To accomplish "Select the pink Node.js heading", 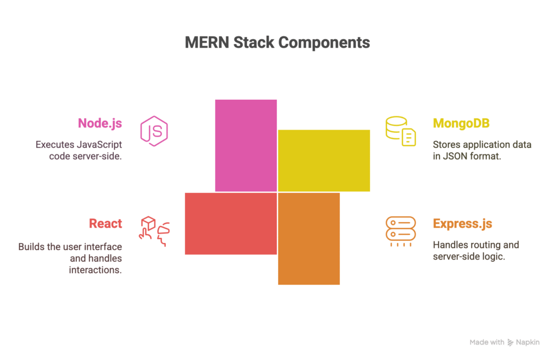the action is (100, 123).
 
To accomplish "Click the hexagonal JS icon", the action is (154, 131).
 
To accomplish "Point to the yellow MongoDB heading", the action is (461, 123).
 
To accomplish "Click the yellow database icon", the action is (401, 131).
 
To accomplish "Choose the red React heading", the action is (106, 223).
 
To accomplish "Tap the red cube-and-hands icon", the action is (154, 231).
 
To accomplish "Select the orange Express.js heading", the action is (462, 224).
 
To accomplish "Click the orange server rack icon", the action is (401, 232).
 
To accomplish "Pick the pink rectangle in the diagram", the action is (246, 145).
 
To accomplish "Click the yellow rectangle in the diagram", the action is (324, 160).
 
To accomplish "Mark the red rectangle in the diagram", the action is (231, 224).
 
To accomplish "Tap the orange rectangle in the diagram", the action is (308, 239).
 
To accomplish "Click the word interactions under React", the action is (95, 270).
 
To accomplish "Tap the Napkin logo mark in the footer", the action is (510, 342).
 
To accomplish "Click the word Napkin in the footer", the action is (528, 342).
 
